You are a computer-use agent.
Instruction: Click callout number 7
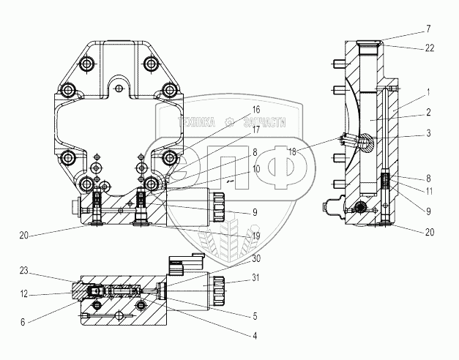(428, 29)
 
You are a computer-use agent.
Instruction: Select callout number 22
(430, 48)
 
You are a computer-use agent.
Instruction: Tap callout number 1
(428, 93)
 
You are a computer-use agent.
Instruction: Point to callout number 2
(428, 112)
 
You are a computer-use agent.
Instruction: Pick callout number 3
(428, 133)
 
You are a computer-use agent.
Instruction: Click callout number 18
(292, 151)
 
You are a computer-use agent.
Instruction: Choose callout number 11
(429, 192)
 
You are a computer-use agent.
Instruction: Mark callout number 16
(255, 110)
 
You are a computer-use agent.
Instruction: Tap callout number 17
(255, 130)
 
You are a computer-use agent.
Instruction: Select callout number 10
(255, 169)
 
